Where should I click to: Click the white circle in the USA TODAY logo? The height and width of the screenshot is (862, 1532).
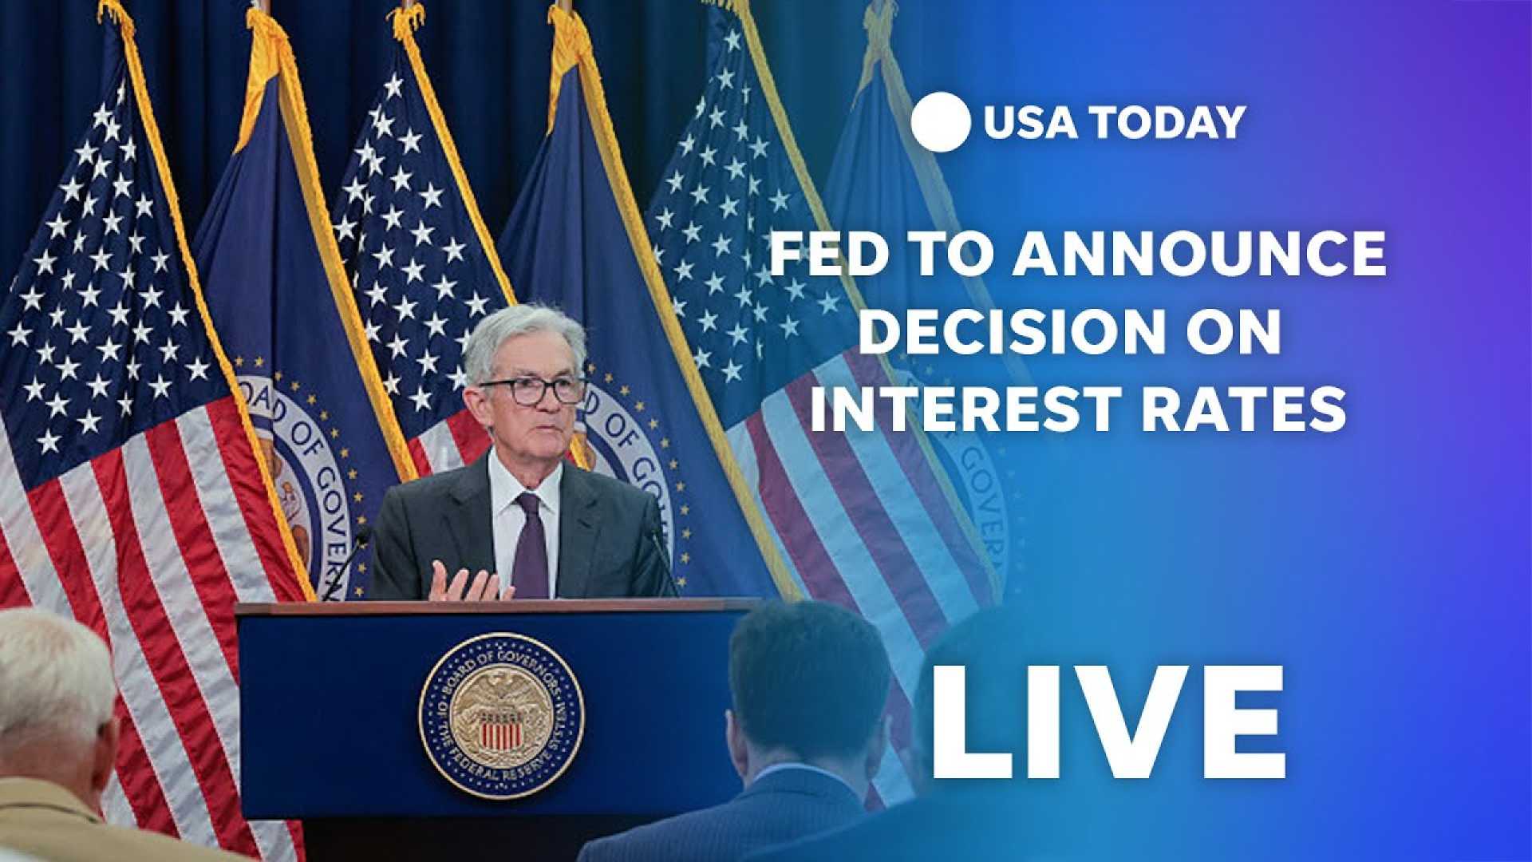pyautogui.click(x=940, y=122)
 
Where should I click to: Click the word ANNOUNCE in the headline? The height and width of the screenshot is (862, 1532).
pyautogui.click(x=1199, y=254)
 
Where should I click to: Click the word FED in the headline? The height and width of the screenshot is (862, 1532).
pyautogui.click(x=827, y=254)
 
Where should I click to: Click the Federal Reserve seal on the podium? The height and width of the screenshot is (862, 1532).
pyautogui.click(x=501, y=715)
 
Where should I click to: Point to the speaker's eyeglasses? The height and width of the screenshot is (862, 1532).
pyautogui.click(x=534, y=390)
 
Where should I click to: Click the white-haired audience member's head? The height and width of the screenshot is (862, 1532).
pyautogui.click(x=52, y=678)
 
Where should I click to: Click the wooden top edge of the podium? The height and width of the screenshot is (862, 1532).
pyautogui.click(x=495, y=607)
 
